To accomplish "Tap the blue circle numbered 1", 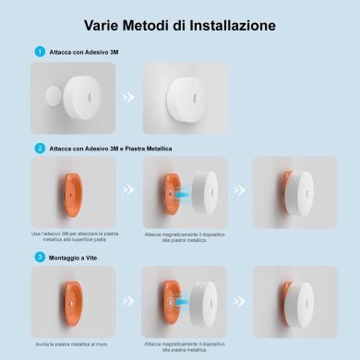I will click(39, 52).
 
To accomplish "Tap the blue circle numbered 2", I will click(39, 148).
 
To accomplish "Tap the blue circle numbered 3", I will click(39, 257).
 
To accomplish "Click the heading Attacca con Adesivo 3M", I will click(83, 52).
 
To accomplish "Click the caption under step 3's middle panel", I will click(186, 347).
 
